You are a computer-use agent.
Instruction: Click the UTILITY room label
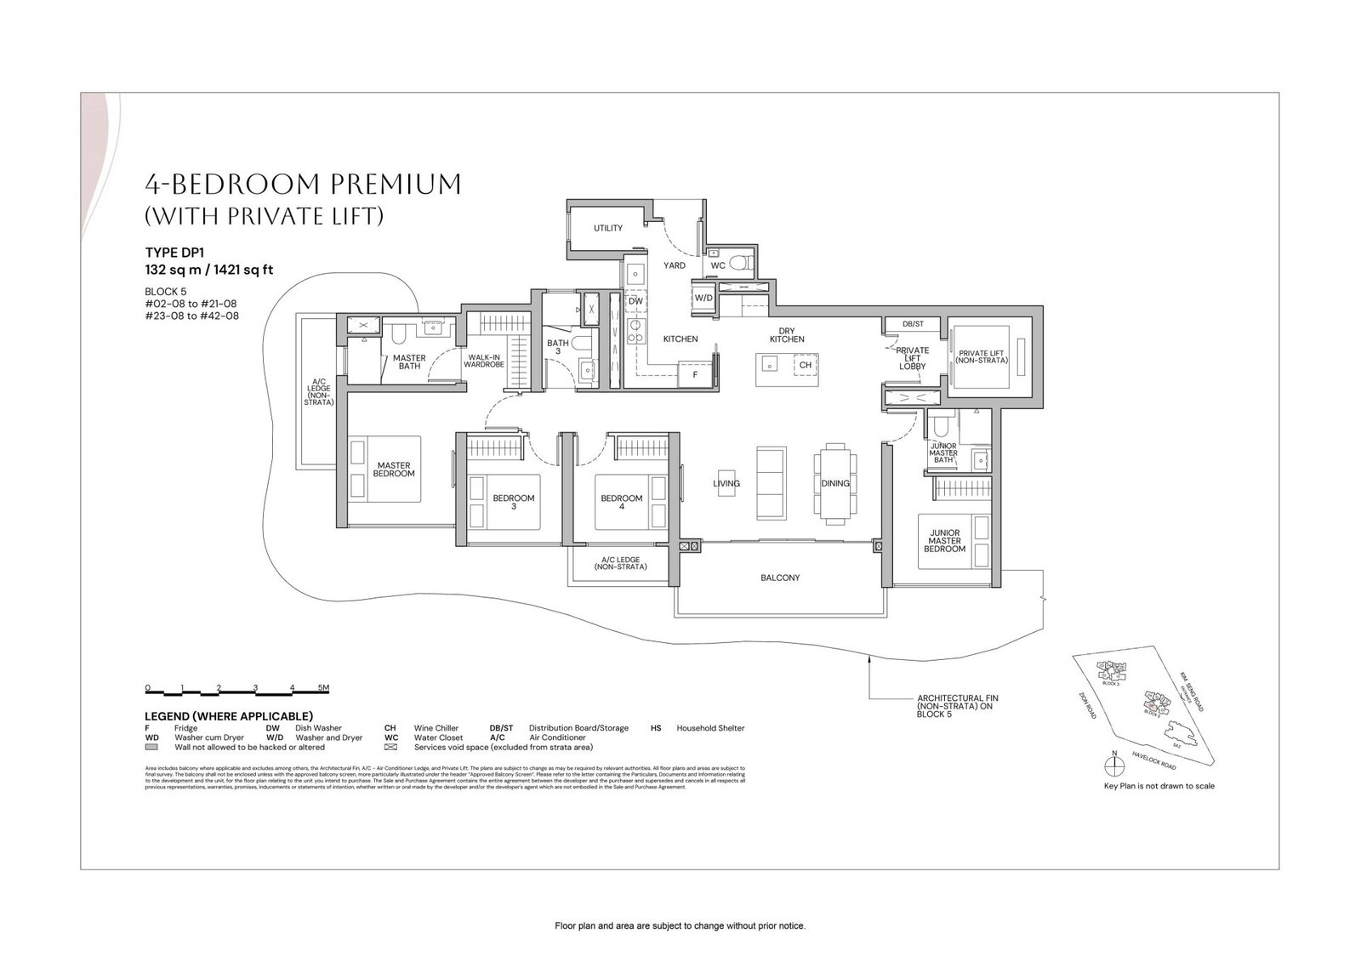coord(608,228)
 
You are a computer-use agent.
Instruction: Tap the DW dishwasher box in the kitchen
coord(635,301)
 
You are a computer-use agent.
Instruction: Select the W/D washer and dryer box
coord(703,298)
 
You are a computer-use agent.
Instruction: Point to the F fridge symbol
coord(694,373)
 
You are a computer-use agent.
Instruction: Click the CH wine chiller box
coord(806,365)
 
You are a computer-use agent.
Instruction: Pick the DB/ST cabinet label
coord(913,324)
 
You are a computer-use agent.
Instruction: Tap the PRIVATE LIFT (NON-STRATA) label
coord(982,357)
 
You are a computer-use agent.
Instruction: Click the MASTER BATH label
coord(409,362)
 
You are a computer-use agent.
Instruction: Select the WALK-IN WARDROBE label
coord(484,361)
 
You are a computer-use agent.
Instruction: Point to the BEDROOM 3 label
coord(514,503)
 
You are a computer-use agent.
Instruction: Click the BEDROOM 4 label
coord(621,503)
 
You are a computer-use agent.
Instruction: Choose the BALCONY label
coord(780,578)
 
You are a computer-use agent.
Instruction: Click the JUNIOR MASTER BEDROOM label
coord(944,541)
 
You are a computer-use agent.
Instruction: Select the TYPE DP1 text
coord(174,253)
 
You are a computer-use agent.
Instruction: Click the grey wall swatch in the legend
coord(152,748)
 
